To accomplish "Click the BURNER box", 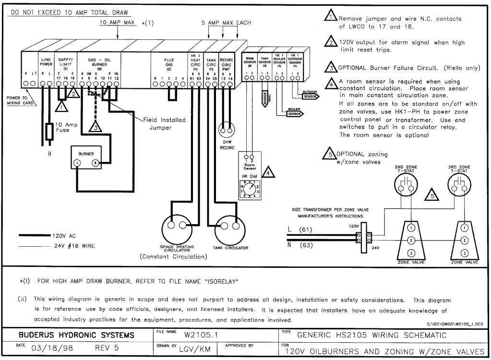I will (x=86, y=158).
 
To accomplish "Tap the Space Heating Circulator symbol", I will (x=177, y=226).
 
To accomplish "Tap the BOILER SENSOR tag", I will (x=294, y=114).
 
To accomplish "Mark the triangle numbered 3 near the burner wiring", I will (x=96, y=127).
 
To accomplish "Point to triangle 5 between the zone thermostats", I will (x=432, y=195).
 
